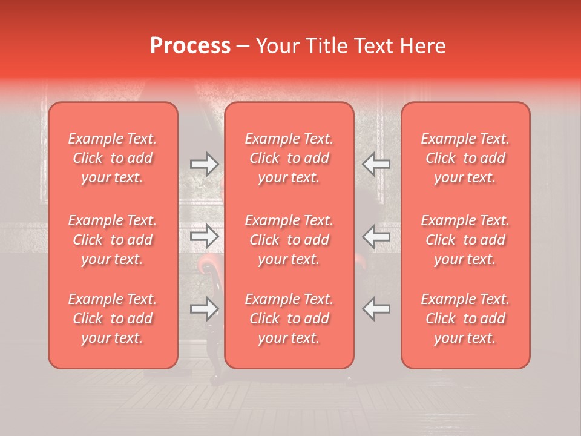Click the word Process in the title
coord(190,45)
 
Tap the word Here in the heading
coord(422,45)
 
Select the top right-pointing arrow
coord(204,164)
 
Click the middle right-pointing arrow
coord(204,236)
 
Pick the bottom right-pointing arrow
coord(204,309)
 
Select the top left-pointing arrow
coord(376,164)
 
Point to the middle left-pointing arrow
coord(376,236)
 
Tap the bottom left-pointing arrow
coord(376,309)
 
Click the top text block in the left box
coord(113,158)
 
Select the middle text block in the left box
coord(113,240)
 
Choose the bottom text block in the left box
coord(113,319)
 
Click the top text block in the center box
coord(289,158)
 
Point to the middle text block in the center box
coord(289,240)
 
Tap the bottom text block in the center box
coord(289,319)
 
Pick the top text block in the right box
coord(465,158)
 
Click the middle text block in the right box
coord(465,240)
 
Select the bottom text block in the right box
coord(465,319)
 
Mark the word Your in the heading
coord(277,45)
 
